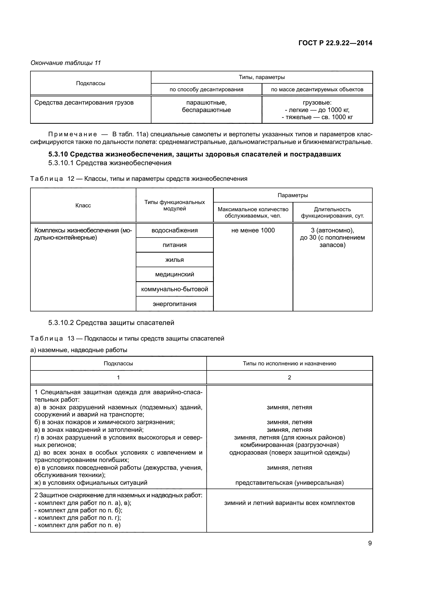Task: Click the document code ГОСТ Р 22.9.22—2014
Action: (335, 43)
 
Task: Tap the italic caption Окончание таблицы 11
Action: (66, 63)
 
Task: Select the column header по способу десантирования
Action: (206, 89)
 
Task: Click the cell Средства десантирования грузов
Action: (84, 103)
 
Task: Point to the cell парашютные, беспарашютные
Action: (206, 106)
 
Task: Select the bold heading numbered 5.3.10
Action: (194, 154)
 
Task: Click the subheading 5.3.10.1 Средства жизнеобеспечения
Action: (110, 163)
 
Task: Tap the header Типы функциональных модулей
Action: (174, 205)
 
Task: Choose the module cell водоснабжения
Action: (174, 230)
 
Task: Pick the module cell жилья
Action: (174, 260)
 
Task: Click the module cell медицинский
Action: (174, 274)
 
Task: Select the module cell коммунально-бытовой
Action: (174, 289)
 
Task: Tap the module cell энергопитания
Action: (174, 304)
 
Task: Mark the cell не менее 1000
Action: (253, 230)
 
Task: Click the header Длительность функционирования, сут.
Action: (332, 212)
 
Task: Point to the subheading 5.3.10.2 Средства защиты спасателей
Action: (111, 323)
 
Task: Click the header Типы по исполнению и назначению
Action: (290, 364)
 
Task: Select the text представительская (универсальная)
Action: (290, 483)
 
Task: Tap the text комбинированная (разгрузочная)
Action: (290, 445)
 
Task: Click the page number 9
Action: (370, 543)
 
